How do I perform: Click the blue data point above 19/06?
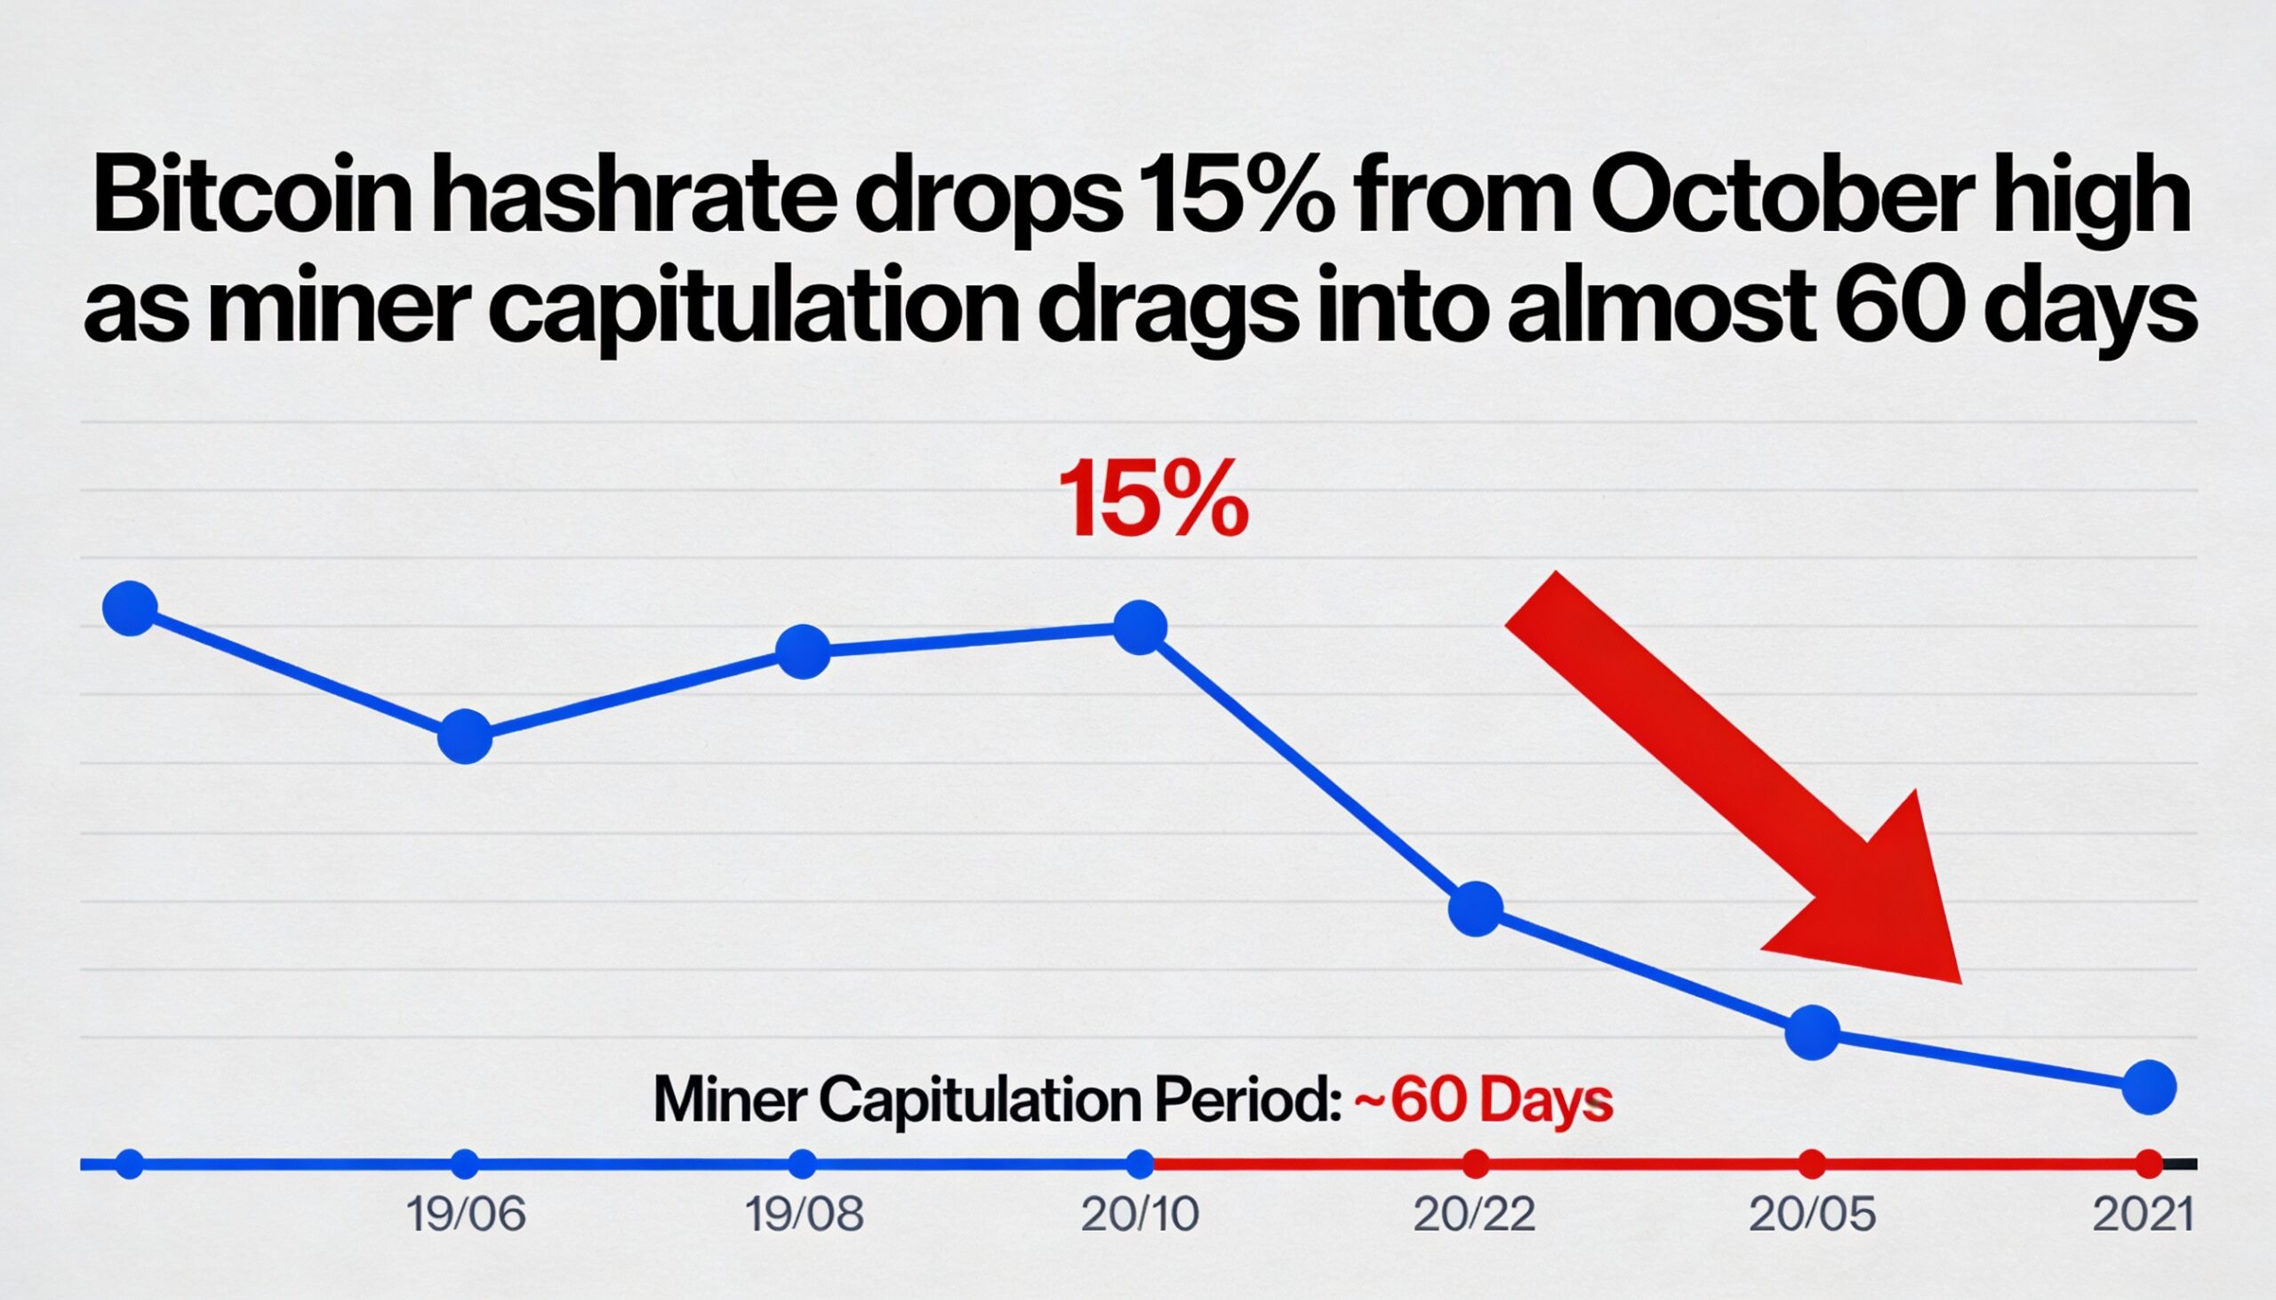tap(465, 737)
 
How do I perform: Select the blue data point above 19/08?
tap(803, 652)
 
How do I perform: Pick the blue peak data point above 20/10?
tap(1141, 626)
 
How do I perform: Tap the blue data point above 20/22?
tap(1477, 909)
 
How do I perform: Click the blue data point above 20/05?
tap(1813, 1033)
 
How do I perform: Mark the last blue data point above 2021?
tap(2148, 1088)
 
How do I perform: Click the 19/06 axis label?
tap(465, 1216)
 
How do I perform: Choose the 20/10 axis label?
tap(1140, 1216)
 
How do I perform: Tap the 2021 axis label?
tap(2143, 1216)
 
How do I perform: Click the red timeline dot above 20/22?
tap(1477, 1164)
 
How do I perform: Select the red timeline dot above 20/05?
tap(1813, 1164)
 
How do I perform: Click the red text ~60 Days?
tap(1484, 1101)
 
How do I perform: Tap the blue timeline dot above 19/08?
tap(803, 1164)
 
